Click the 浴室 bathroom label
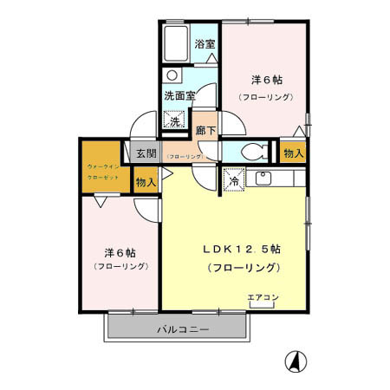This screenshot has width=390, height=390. (205, 43)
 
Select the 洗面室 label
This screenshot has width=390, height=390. (180, 95)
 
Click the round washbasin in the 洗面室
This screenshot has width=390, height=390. (172, 75)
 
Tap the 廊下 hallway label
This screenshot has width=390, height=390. (205, 129)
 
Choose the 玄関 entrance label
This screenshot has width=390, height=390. (146, 153)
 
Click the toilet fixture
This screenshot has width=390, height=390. (251, 151)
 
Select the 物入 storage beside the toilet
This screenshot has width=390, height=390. (294, 153)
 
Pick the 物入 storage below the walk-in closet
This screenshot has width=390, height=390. (146, 182)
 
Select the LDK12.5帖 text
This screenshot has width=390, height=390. (241, 249)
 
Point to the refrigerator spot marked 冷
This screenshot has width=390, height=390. (234, 180)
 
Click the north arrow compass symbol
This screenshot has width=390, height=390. (295, 361)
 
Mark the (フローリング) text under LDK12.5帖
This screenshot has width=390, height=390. (243, 268)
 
